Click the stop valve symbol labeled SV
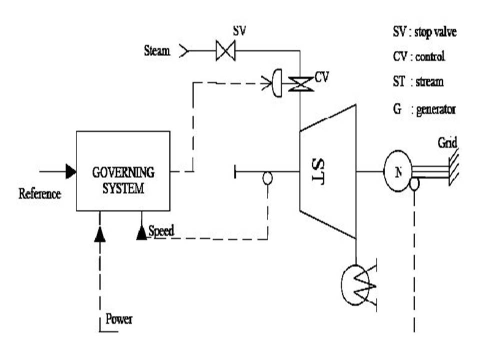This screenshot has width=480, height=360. tap(225, 50)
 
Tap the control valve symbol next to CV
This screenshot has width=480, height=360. tap(301, 83)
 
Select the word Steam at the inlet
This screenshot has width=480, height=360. tap(157, 50)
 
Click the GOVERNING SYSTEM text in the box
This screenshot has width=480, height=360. tap(123, 180)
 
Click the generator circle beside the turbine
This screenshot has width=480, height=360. tap(398, 171)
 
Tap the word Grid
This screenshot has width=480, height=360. tap(447, 142)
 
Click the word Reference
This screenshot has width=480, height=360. tap(39, 193)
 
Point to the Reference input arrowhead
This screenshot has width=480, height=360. tap(70, 171)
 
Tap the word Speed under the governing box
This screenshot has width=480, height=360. tap(161, 230)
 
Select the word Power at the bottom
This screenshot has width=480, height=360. tap(119, 319)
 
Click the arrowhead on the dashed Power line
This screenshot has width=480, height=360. tap(100, 234)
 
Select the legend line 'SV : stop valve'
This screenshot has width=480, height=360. tap(424, 33)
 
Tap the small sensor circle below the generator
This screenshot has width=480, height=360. tap(414, 183)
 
